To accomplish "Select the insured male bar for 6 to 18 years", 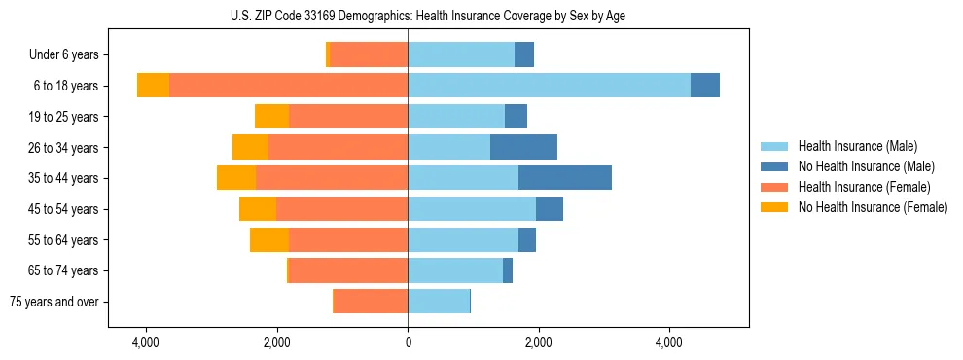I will point(549,86).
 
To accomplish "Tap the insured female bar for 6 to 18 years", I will point(288,86).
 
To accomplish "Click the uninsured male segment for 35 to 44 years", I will point(565,178).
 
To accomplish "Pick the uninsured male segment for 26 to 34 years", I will point(523,147).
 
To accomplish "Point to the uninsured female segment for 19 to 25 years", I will point(271,117).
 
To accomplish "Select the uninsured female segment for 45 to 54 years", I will point(258,209).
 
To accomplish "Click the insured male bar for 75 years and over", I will point(439,302).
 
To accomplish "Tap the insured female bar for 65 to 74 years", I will point(348,270).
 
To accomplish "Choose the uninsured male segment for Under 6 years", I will point(524,54).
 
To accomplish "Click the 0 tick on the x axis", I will point(408,343).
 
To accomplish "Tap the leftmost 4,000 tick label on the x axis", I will point(146,343).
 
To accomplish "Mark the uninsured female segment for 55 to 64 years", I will point(269,239).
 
